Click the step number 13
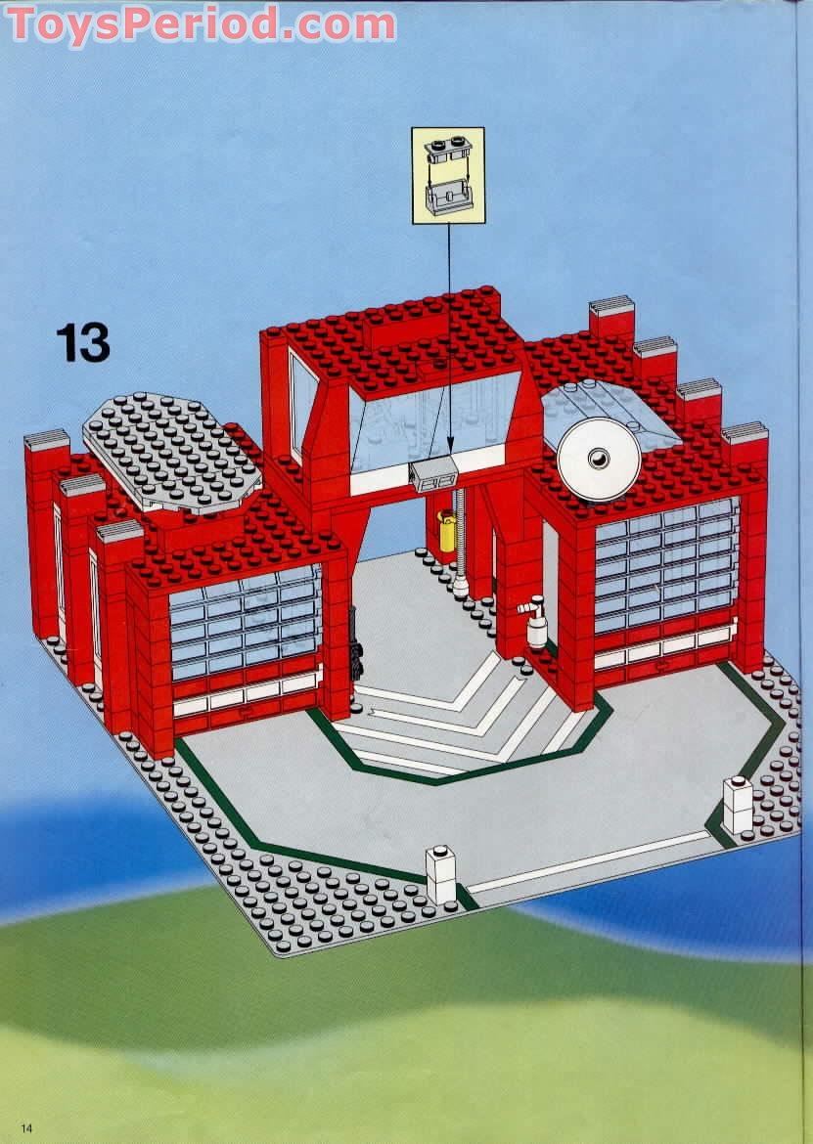point(82,343)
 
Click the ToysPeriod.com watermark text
point(201,24)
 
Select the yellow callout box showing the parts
point(448,175)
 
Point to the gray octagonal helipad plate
point(172,451)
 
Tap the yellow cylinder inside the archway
point(447,535)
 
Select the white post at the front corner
point(441,873)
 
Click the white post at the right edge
point(738,803)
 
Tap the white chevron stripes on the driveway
point(460,714)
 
